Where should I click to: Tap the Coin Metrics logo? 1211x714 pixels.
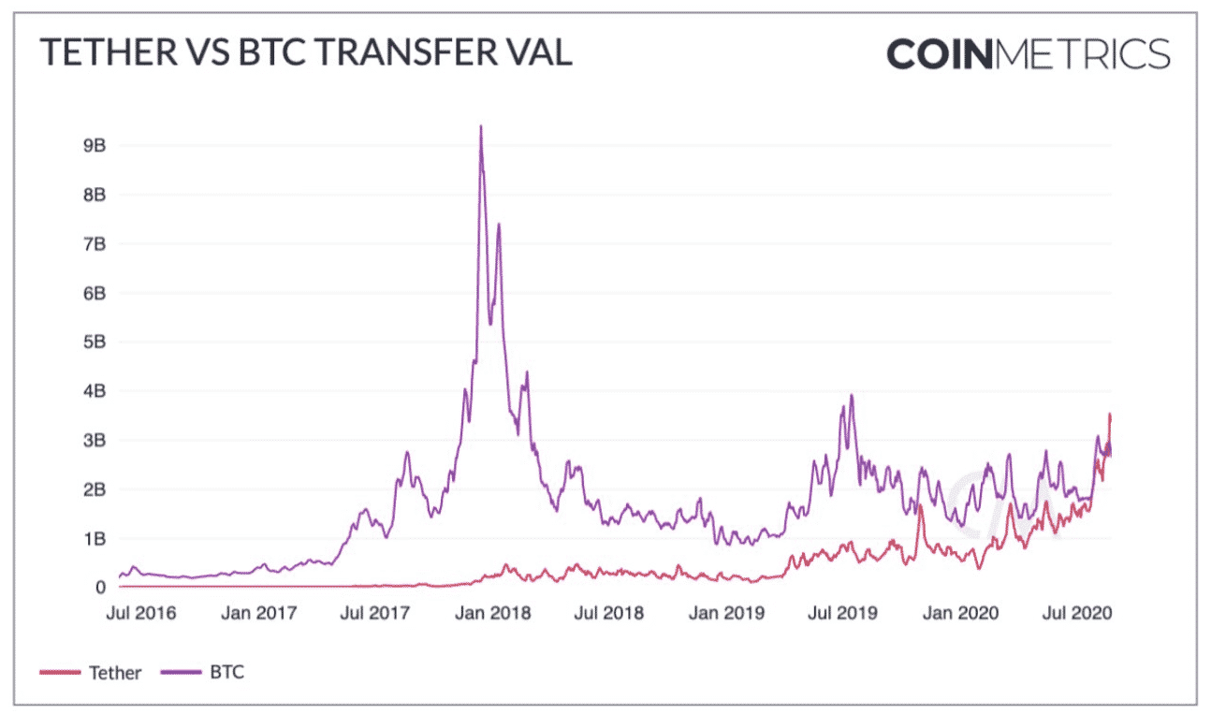[1028, 53]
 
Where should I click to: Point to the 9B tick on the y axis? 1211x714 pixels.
[94, 146]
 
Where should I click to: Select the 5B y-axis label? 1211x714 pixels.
[94, 342]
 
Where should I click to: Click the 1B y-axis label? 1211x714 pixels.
[94, 539]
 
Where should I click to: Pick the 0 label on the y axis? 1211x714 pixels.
[99, 588]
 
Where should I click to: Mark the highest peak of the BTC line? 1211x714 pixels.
[481, 127]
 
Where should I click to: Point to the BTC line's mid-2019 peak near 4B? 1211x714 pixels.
[852, 396]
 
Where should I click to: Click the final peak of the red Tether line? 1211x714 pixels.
[1110, 415]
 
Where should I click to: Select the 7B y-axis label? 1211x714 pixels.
[94, 244]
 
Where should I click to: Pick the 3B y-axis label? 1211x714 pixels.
[94, 441]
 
